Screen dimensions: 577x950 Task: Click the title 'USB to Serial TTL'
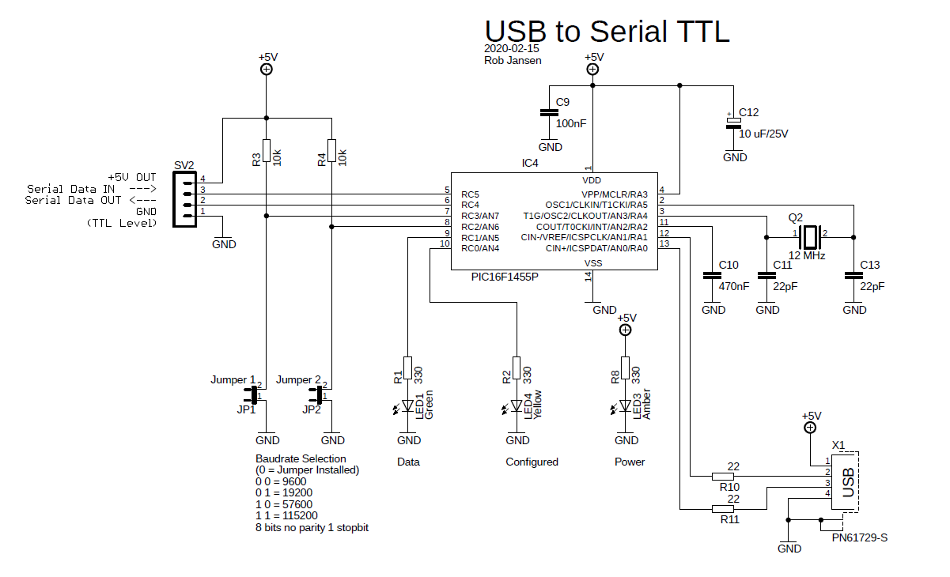(x=606, y=31)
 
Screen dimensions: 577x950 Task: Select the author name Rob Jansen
(x=513, y=60)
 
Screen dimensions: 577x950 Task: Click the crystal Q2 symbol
(x=809, y=236)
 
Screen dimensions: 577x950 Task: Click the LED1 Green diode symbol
(x=408, y=406)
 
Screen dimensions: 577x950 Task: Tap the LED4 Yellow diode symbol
(x=517, y=406)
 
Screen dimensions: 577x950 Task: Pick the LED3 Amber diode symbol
(x=626, y=406)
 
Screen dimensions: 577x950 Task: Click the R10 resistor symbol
(x=723, y=477)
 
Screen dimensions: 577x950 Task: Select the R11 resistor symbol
(x=723, y=509)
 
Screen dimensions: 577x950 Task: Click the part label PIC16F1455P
(x=505, y=277)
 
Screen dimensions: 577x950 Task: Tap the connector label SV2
(x=184, y=164)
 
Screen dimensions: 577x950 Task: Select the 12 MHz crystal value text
(x=807, y=256)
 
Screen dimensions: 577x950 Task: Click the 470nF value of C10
(x=733, y=286)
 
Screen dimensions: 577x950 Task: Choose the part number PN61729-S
(x=860, y=538)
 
